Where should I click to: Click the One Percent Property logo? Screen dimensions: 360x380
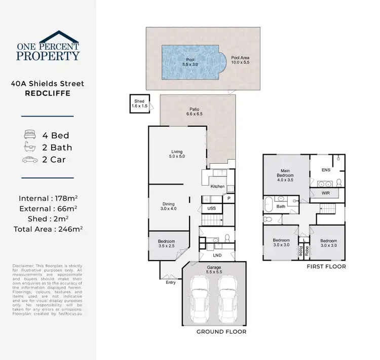pyautogui.click(x=48, y=46)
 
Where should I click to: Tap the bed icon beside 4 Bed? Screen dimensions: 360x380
pyautogui.click(x=29, y=135)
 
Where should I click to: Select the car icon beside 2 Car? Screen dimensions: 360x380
pyautogui.click(x=29, y=160)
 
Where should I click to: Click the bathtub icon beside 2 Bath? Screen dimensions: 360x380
pyautogui.click(x=29, y=148)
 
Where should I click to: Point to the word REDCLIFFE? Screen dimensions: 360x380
pyautogui.click(x=48, y=94)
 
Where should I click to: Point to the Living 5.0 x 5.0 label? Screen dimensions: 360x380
pyautogui.click(x=177, y=154)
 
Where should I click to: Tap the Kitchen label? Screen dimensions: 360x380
pyautogui.click(x=217, y=187)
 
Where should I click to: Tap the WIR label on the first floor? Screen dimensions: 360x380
pyautogui.click(x=326, y=193)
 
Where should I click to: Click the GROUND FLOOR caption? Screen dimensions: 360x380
pyautogui.click(x=221, y=332)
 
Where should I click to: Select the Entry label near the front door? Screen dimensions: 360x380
pyautogui.click(x=171, y=282)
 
